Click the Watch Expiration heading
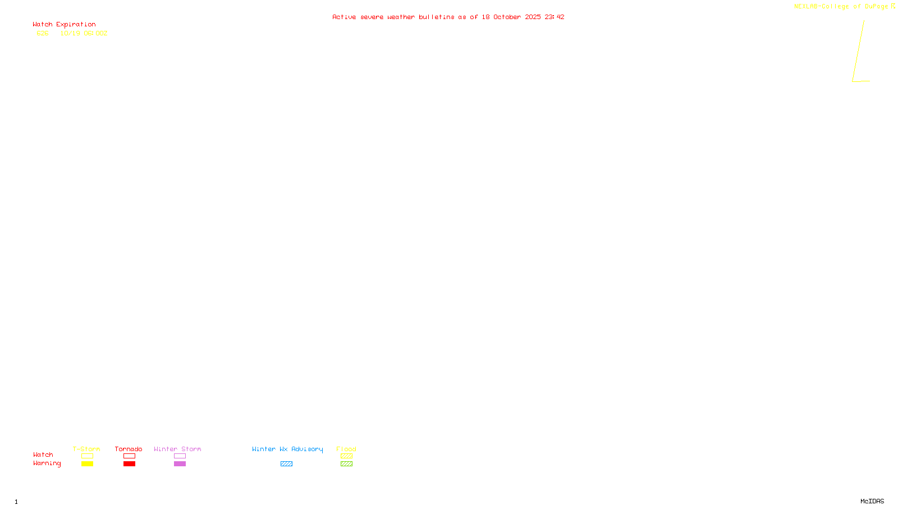pyautogui.click(x=64, y=25)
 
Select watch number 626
pyautogui.click(x=43, y=34)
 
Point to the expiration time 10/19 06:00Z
pyautogui.click(x=84, y=34)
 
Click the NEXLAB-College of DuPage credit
pyautogui.click(x=841, y=7)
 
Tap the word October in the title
pyautogui.click(x=507, y=17)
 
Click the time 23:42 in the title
pyautogui.click(x=555, y=17)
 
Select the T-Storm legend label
pyautogui.click(x=86, y=449)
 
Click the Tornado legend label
pyautogui.click(x=129, y=449)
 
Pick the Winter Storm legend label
pyautogui.click(x=177, y=449)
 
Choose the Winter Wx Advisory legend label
pyautogui.click(x=287, y=449)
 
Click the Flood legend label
pyautogui.click(x=346, y=449)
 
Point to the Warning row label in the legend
pyautogui.click(x=47, y=463)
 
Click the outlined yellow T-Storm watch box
pyautogui.click(x=87, y=456)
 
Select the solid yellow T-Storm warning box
pyautogui.click(x=87, y=464)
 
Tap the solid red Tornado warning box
pyautogui.click(x=129, y=464)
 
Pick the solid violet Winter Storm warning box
pyautogui.click(x=180, y=464)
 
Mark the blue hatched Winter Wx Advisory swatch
pyautogui.click(x=286, y=464)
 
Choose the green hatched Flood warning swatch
pyautogui.click(x=346, y=464)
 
